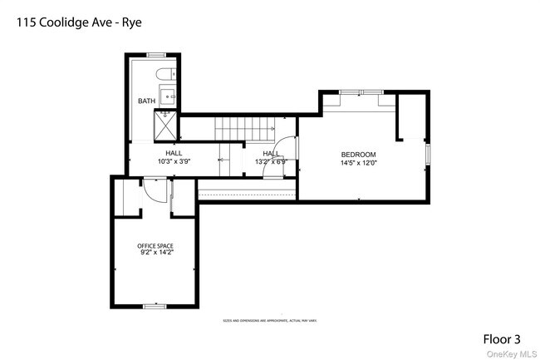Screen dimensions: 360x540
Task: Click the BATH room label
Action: tap(146, 101)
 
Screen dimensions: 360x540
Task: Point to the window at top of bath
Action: tap(155, 55)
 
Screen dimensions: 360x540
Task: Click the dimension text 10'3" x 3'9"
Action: tap(174, 161)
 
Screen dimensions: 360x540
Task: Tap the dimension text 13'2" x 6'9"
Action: tap(272, 161)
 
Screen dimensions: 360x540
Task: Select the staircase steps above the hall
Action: tap(244, 129)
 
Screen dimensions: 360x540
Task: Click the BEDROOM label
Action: tap(359, 155)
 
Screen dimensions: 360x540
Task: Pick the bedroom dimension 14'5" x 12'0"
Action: tap(359, 163)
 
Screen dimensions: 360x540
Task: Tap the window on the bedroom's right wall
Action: tap(429, 155)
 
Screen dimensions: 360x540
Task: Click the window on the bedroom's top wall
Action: tap(359, 91)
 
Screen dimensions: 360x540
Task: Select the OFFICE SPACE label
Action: tap(155, 246)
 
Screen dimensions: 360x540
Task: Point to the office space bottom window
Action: tap(155, 306)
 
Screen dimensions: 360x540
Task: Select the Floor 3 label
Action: tap(503, 339)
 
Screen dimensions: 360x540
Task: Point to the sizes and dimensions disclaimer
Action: tap(269, 320)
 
